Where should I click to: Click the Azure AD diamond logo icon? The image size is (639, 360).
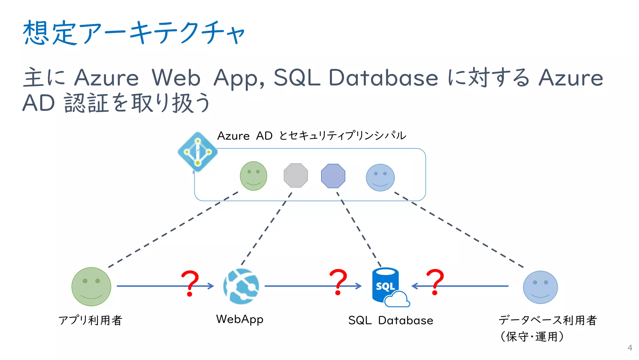[198, 152]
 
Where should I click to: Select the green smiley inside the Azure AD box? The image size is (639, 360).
[253, 176]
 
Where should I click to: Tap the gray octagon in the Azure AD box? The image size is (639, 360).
[295, 175]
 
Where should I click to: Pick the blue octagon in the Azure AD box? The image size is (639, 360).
[333, 176]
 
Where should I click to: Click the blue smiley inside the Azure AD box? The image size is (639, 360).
[380, 178]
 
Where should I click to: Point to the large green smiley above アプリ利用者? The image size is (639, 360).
[91, 287]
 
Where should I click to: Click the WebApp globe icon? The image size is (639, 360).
[241, 286]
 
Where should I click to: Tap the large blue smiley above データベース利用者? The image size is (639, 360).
[540, 287]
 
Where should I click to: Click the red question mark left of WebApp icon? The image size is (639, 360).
[190, 283]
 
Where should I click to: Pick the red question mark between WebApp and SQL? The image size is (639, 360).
[338, 281]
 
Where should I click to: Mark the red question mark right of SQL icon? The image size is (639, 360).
[435, 281]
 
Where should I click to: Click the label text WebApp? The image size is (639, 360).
[240, 319]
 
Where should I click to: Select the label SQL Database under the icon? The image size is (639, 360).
[391, 320]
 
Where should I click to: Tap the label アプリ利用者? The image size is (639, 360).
[90, 320]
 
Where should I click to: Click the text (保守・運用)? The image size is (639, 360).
[532, 337]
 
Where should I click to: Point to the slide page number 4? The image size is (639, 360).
[630, 348]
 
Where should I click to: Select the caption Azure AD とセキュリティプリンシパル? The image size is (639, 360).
[311, 136]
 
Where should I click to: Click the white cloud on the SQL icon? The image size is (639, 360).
[397, 300]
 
